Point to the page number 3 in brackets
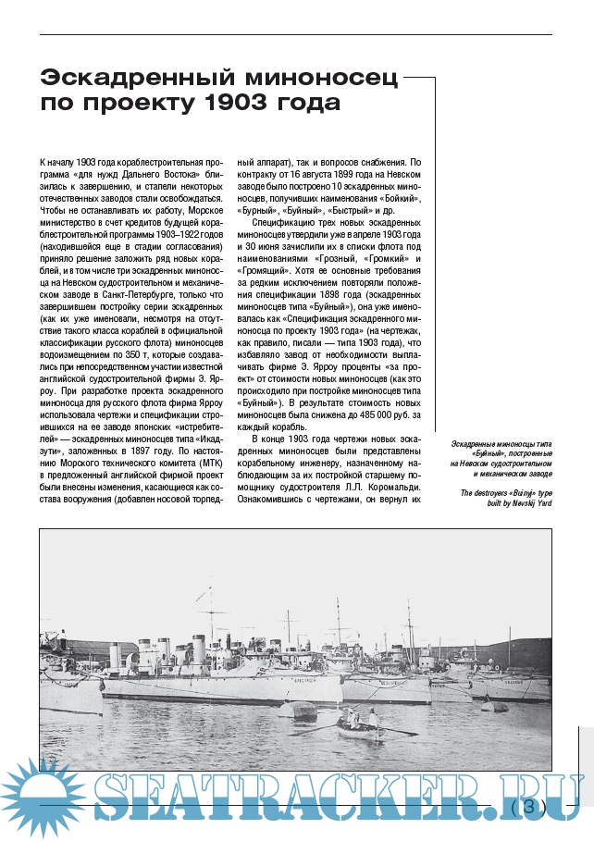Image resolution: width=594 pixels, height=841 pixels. point(530,806)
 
